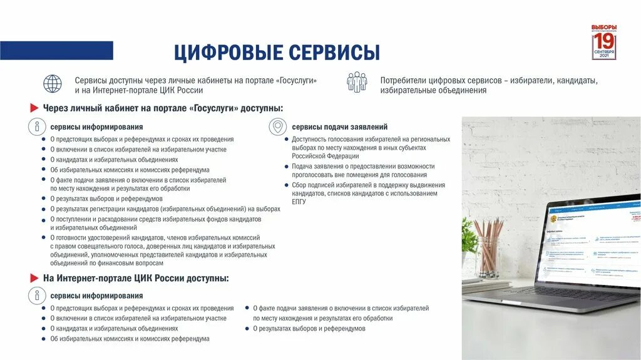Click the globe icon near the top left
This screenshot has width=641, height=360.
(x=53, y=84)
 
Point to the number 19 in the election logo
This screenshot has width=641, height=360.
(x=604, y=41)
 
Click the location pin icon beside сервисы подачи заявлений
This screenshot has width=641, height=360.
(x=277, y=126)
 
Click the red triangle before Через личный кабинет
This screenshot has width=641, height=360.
(x=35, y=108)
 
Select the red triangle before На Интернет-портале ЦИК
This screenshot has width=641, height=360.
(x=35, y=277)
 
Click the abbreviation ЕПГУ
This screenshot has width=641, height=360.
(x=299, y=202)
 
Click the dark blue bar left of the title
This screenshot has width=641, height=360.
(x=56, y=51)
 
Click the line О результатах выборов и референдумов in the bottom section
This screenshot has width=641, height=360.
(x=309, y=328)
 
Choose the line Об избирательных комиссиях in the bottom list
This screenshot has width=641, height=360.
(x=130, y=338)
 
